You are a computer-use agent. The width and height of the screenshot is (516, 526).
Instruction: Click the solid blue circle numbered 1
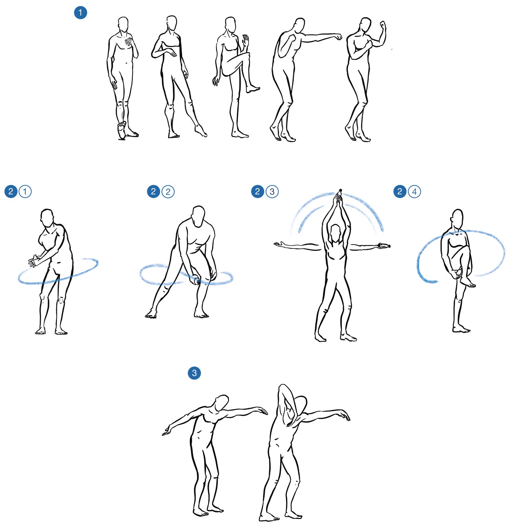[80, 13]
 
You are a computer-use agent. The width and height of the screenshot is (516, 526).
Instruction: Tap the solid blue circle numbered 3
[194, 373]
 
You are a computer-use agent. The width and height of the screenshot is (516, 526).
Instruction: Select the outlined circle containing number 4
[414, 191]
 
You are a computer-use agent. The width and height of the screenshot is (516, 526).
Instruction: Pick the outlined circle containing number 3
[272, 191]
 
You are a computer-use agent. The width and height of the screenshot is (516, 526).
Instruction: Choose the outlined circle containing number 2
[168, 191]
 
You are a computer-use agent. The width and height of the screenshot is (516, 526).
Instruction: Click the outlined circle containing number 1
[25, 191]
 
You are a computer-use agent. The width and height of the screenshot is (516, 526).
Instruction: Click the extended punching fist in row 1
[338, 37]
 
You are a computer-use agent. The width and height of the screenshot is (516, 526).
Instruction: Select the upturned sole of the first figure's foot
[121, 130]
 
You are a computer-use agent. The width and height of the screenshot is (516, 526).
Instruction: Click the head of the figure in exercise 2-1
[47, 218]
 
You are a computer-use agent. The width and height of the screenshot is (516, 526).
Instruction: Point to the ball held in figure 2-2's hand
[197, 281]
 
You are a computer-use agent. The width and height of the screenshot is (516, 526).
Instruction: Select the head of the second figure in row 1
[172, 25]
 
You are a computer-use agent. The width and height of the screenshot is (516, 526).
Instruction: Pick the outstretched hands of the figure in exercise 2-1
[34, 261]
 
